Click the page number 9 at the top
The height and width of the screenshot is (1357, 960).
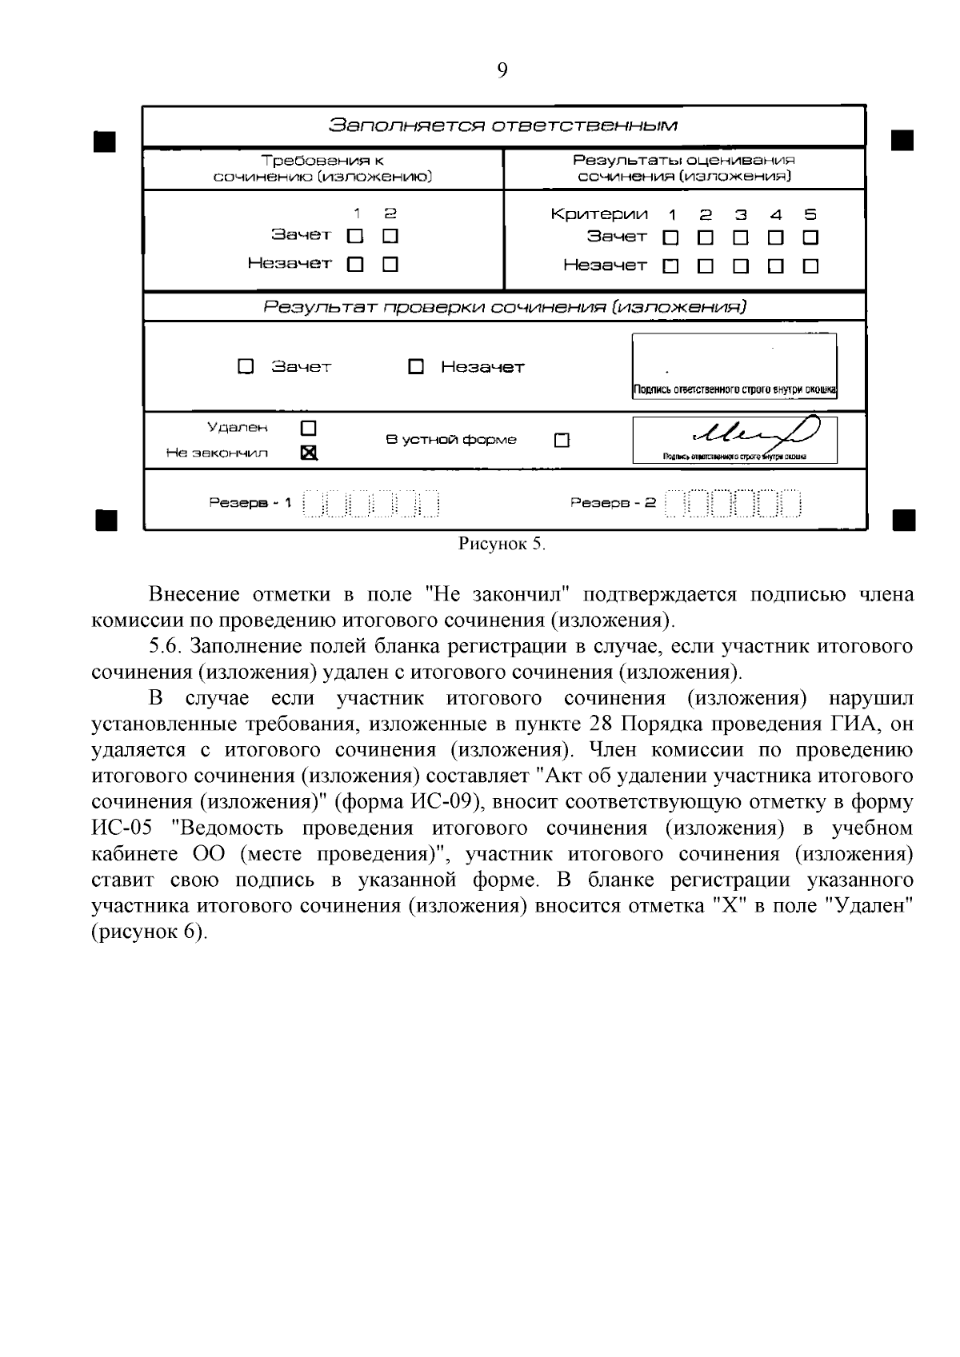coord(502,71)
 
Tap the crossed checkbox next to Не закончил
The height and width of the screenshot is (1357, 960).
coord(308,453)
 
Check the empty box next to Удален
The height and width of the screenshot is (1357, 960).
coord(308,428)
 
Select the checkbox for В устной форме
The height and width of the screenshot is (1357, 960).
coord(562,440)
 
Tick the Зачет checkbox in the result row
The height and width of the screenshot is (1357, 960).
coord(246,366)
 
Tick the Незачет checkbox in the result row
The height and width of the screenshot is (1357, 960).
coord(415,367)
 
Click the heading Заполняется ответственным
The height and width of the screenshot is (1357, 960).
coord(504,126)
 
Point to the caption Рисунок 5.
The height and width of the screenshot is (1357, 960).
coord(502,545)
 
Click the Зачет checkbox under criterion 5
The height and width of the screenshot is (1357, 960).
coord(810,237)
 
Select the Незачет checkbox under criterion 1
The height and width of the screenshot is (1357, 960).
coord(670,265)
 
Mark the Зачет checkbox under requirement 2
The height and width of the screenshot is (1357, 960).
coord(390,236)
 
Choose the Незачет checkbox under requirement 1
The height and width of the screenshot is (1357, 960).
coord(355,264)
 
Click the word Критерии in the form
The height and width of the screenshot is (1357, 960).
coord(599,214)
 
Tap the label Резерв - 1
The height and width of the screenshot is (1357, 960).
coord(250,503)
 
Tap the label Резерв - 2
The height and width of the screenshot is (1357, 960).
coord(613,503)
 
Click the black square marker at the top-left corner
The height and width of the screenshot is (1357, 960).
coord(105,142)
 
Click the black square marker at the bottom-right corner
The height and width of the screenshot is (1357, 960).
coord(902,520)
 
